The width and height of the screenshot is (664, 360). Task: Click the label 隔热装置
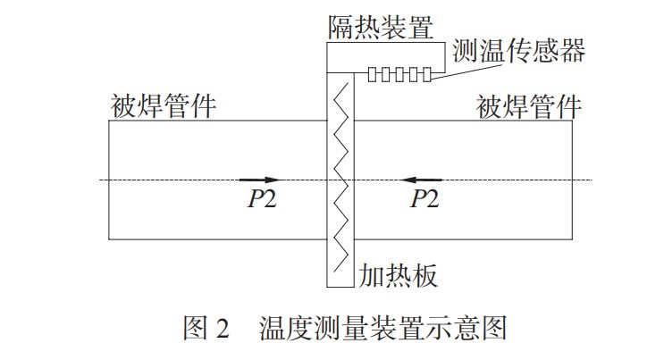(378, 27)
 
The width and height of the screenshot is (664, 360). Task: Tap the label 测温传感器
(519, 50)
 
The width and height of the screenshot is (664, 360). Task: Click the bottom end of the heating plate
(340, 288)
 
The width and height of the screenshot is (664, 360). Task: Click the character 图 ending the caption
(494, 328)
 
